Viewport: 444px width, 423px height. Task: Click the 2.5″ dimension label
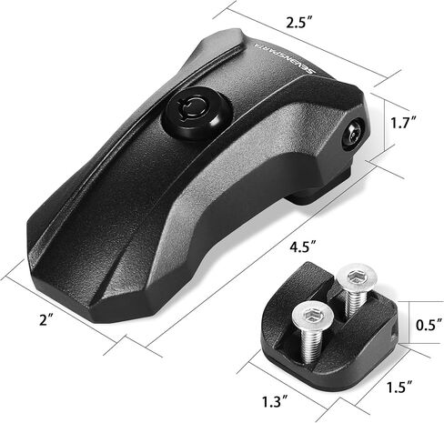tap(299, 23)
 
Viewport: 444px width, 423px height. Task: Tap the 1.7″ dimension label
tap(403, 123)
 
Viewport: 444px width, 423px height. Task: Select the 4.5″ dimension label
tap(303, 247)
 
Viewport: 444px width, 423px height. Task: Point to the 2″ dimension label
tap(46, 319)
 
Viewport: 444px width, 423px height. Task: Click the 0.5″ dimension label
tap(429, 325)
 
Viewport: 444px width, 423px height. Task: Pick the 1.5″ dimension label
tap(399, 388)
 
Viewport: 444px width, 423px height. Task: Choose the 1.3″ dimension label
tap(275, 402)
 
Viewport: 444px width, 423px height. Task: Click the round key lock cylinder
tap(197, 113)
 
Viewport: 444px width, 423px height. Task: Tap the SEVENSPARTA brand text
tap(284, 58)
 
